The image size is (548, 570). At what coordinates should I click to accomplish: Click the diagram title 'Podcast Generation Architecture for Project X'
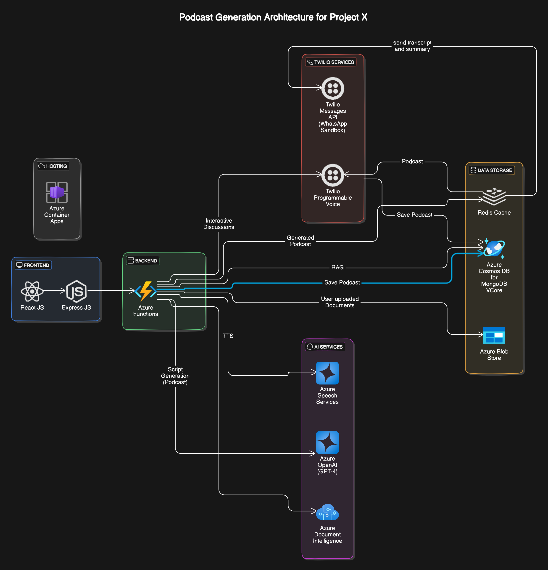coord(273,17)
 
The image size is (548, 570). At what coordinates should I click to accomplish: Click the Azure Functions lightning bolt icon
coord(146,291)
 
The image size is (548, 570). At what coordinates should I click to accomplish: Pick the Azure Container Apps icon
coord(57,192)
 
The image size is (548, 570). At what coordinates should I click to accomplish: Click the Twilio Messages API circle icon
coord(333,88)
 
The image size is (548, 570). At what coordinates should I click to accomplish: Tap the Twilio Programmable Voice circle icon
coord(333,175)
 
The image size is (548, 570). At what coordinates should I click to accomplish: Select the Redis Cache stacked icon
coord(494,197)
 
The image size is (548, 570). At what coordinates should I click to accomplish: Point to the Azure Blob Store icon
coord(494,335)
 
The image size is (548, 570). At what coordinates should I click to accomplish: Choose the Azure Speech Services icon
coord(327,373)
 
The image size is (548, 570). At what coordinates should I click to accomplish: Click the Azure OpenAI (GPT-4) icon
coord(327,442)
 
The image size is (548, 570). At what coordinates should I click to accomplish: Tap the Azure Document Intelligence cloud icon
coord(327,512)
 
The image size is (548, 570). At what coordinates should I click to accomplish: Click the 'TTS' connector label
coord(228,336)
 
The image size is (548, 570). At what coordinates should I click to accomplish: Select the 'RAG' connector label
coord(337,267)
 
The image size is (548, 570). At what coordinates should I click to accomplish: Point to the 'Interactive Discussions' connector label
coord(219,224)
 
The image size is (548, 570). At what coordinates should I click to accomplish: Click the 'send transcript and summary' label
coord(412,46)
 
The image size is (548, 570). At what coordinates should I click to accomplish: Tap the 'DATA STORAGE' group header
coord(492,170)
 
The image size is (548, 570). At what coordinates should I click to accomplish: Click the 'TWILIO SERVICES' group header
coord(331,62)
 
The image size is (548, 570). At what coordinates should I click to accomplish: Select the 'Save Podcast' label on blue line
coord(342,282)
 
